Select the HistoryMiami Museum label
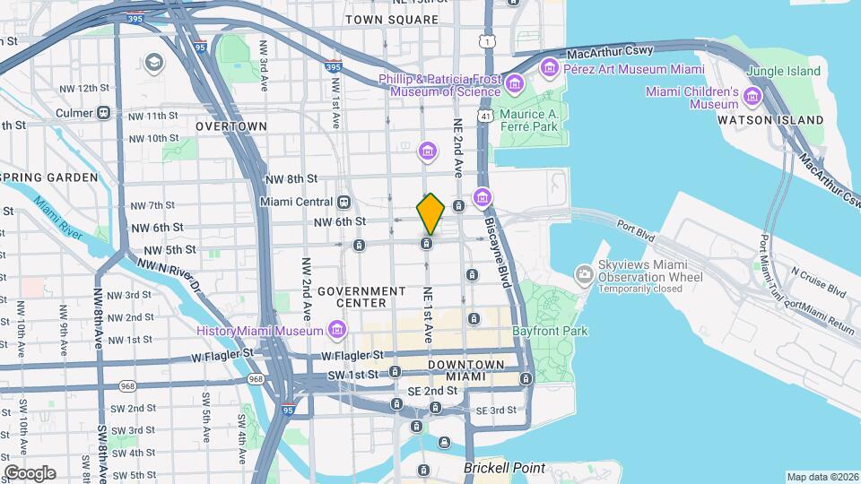(x=261, y=332)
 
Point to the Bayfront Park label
(x=550, y=331)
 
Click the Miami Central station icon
(x=345, y=202)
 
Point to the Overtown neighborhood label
(x=231, y=126)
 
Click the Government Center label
(x=361, y=298)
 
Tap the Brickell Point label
(x=505, y=469)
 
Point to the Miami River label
(x=64, y=218)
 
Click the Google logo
(x=30, y=473)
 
